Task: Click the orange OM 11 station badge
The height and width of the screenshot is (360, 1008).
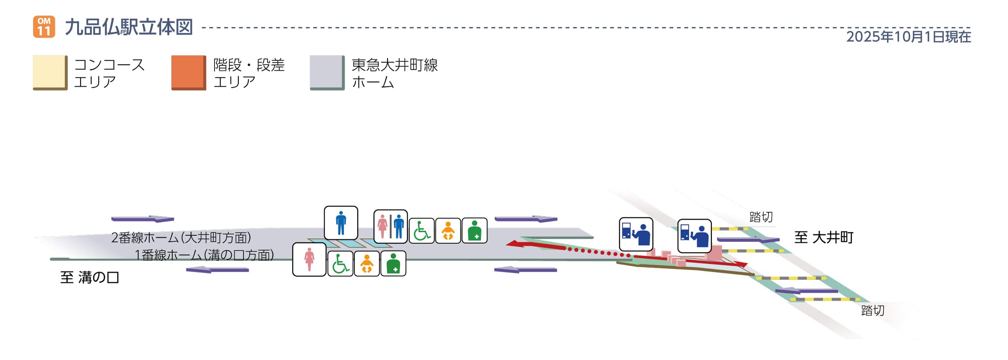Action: coord(44,27)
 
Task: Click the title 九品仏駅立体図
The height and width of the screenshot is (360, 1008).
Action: coord(129,27)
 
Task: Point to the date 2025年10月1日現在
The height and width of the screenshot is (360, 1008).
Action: coord(908,37)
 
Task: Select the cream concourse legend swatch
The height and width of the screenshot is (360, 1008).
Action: coord(50,73)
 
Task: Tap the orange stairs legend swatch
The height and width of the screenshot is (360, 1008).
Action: coord(189,73)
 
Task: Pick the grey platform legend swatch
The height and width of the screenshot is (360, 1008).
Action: coord(327,73)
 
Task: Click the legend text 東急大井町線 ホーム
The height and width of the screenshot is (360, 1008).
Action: coord(394,73)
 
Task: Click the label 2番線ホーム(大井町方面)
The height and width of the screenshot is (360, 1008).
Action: coord(181,237)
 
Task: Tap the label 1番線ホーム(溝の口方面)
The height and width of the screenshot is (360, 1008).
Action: coord(204,255)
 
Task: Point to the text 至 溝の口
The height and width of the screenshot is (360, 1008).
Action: coord(90,277)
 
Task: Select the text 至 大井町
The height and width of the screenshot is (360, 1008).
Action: coord(823,237)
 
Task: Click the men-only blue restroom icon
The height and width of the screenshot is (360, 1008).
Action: coord(341,223)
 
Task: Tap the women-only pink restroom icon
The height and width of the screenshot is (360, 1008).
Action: coord(309,260)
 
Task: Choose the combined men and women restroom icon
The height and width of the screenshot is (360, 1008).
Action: coord(390,227)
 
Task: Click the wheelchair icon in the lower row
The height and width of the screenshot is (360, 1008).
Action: coord(340,264)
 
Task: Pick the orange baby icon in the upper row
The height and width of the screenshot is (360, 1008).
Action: coord(448,231)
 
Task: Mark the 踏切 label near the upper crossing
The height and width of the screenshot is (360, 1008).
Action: coord(761,217)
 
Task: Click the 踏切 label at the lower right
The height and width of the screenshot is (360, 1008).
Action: coord(873,310)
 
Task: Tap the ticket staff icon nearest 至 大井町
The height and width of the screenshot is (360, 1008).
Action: coord(694,236)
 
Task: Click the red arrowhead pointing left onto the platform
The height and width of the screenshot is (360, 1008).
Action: coord(513,243)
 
